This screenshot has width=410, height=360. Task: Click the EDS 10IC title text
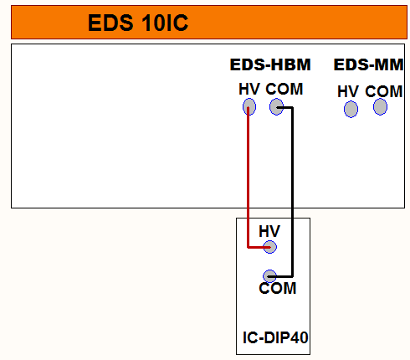138,23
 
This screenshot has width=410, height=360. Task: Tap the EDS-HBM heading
270,64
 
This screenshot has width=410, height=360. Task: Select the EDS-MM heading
368,64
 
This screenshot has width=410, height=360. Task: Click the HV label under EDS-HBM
249,90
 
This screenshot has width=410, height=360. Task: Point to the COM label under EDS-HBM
284,90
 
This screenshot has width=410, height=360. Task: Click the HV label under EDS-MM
348,91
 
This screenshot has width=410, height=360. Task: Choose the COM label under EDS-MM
384,91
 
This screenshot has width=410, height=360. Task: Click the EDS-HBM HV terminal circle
249,106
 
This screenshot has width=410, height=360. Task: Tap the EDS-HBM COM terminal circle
276,106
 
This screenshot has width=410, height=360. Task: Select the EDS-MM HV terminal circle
351,109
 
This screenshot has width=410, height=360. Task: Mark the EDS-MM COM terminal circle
380,106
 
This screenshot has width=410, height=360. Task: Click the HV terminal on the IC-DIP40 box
269,247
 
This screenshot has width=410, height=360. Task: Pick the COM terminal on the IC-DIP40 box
269,276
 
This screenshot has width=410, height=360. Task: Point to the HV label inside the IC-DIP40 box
269,231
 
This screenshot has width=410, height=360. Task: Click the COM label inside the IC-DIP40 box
278,288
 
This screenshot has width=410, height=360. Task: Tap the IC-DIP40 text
275,337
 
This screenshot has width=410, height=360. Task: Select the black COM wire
292,192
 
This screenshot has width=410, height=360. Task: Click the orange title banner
209,22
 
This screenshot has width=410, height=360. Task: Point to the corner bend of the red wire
248,247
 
